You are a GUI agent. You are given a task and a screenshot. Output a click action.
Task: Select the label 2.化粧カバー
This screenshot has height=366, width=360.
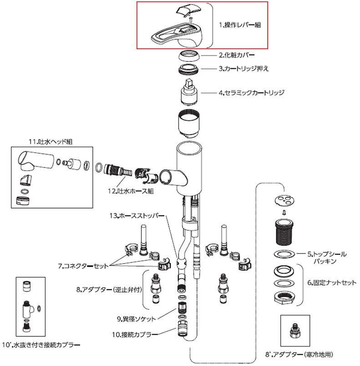tap(236, 56)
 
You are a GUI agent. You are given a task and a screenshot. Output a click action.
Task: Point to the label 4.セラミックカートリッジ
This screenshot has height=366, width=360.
tap(251, 92)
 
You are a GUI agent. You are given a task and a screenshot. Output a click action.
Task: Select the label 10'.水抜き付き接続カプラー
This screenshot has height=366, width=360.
tap(41, 345)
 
